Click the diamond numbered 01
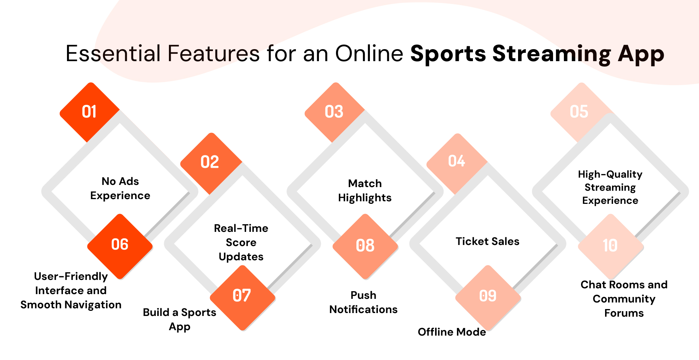tap(90, 112)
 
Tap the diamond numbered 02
tap(210, 162)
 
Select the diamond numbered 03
tap(334, 112)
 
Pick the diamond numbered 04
tap(457, 162)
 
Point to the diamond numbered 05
tap(579, 112)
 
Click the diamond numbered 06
tap(120, 245)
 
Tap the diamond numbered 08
tap(365, 246)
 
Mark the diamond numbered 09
tap(488, 296)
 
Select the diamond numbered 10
tap(611, 246)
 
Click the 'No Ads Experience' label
tap(120, 189)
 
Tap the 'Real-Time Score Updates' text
tap(241, 242)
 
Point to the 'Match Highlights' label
tap(365, 190)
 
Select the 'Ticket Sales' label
tap(487, 241)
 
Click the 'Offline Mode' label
tap(452, 332)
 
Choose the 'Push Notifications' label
tap(363, 302)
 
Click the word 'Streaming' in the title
tap(552, 55)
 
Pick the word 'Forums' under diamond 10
tap(624, 313)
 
